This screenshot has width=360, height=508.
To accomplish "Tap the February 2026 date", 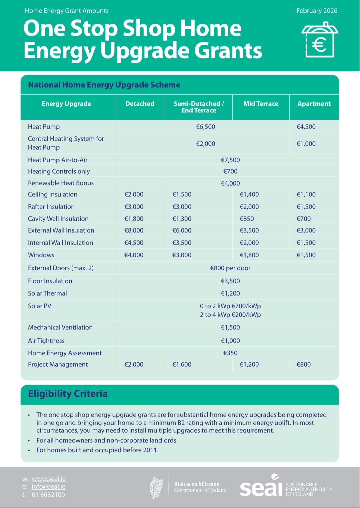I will click(x=317, y=11).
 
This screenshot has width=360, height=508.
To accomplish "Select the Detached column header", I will click(x=140, y=104).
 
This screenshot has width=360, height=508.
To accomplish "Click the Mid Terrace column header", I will click(x=261, y=104).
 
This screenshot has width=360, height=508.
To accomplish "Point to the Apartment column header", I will click(x=314, y=104).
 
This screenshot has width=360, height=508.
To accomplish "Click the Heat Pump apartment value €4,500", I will click(x=306, y=127).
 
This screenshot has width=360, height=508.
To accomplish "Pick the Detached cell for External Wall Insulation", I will click(x=134, y=230).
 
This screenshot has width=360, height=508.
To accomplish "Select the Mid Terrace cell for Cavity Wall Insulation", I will click(x=247, y=219).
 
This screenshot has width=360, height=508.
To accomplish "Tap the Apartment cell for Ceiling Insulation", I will click(x=306, y=194).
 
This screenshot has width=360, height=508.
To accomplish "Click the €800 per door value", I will click(x=230, y=268).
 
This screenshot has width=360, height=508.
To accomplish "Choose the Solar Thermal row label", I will click(x=47, y=293).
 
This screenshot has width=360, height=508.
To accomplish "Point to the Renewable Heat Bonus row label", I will click(x=61, y=183).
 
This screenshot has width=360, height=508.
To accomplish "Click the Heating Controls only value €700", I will click(x=230, y=171).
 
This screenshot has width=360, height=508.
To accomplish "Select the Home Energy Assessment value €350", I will click(x=230, y=353).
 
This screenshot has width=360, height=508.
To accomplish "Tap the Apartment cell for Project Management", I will click(x=303, y=364).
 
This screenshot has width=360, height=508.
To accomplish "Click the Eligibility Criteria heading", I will click(x=68, y=394).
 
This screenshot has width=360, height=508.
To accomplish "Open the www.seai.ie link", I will click(x=49, y=479).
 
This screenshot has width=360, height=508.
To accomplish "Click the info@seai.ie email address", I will click(x=49, y=487).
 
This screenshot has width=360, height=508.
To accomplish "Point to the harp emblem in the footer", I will click(x=157, y=487).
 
